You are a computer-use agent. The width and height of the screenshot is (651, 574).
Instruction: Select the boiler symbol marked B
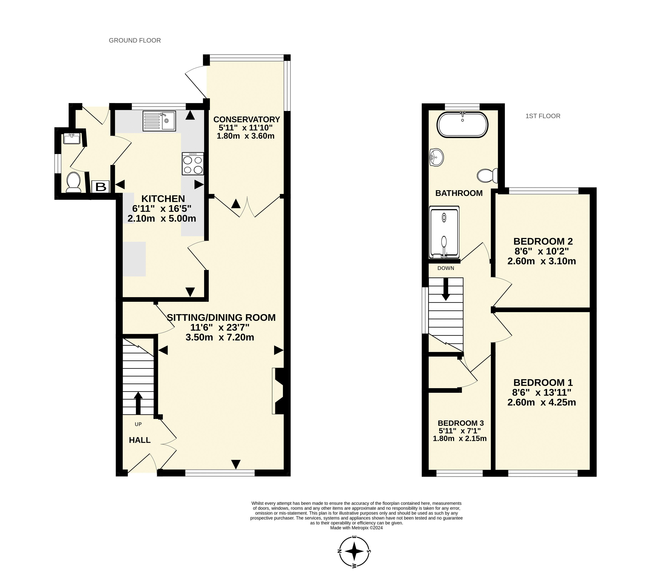[101, 187]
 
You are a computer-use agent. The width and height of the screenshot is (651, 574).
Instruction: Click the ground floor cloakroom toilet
[73, 183]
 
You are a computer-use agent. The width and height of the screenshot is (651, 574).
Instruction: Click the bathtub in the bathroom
[462, 124]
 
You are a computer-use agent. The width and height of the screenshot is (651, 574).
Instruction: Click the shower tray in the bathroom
[445, 232]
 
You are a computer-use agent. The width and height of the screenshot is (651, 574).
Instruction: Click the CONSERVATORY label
[246, 119]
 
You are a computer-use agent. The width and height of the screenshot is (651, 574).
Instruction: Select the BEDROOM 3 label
[461, 423]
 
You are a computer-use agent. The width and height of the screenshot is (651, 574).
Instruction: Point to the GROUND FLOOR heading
[135, 40]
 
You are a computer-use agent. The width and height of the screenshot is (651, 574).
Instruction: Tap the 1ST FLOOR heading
[543, 116]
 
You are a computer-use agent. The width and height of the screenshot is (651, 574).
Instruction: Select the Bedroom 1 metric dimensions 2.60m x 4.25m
[541, 402]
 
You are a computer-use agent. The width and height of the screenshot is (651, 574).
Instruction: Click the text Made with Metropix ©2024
[356, 528]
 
